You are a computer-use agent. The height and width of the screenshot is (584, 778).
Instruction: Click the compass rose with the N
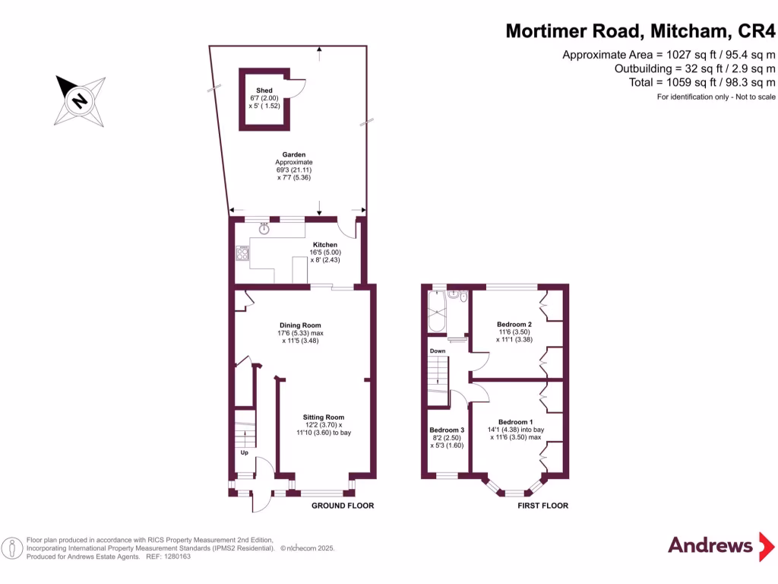80,100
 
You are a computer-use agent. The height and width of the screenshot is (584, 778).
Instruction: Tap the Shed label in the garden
264,90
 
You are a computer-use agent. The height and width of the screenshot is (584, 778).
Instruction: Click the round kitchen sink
264,227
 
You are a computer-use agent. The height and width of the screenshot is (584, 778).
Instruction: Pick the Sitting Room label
324,417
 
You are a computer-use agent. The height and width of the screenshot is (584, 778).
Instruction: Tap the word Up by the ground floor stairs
244,453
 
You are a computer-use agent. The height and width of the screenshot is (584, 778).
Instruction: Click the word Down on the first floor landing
438,351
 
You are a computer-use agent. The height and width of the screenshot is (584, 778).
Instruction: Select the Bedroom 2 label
515,325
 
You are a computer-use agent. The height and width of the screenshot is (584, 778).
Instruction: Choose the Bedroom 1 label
515,422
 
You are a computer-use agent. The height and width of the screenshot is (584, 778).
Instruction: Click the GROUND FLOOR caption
343,506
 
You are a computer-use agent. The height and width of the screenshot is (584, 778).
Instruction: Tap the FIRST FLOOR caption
542,506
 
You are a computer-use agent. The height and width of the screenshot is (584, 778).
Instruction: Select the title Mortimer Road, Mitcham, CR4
640,31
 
